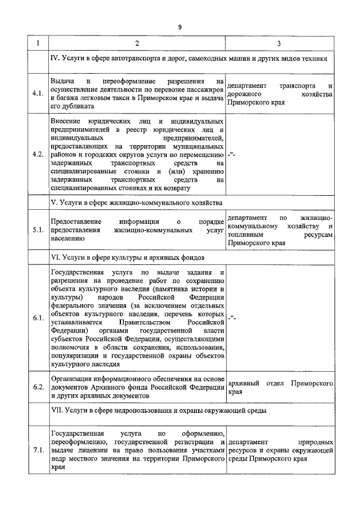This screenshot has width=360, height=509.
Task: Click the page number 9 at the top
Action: click(179, 27)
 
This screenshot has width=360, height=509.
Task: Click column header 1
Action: click(38, 44)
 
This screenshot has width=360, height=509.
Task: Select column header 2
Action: click(137, 44)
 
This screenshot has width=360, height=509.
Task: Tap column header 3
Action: click(280, 44)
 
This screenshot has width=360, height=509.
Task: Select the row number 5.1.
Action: click(38, 230)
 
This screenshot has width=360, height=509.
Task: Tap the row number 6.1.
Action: click(38, 318)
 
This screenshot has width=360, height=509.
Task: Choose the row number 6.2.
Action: click(38, 388)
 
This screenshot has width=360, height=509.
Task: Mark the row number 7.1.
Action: click(38, 451)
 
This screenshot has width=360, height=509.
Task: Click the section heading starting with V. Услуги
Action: click(137, 202)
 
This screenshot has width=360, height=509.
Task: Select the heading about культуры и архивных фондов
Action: click(127, 257)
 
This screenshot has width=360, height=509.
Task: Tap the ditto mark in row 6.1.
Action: click(232, 318)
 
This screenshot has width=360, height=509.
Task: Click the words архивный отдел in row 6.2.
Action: click(256, 383)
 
